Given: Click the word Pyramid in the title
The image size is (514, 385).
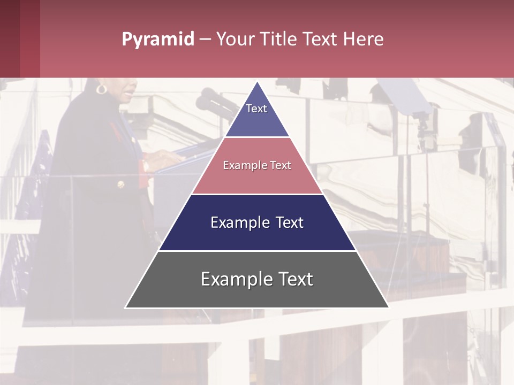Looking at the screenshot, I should (x=157, y=40).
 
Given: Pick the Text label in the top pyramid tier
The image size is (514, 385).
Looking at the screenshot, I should (x=256, y=109).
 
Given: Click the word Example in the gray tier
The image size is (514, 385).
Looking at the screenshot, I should (x=231, y=279).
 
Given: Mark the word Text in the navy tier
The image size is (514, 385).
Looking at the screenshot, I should (x=290, y=222).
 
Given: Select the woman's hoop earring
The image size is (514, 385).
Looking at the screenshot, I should (x=101, y=88).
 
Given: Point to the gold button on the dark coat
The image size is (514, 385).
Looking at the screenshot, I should (x=120, y=184).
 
